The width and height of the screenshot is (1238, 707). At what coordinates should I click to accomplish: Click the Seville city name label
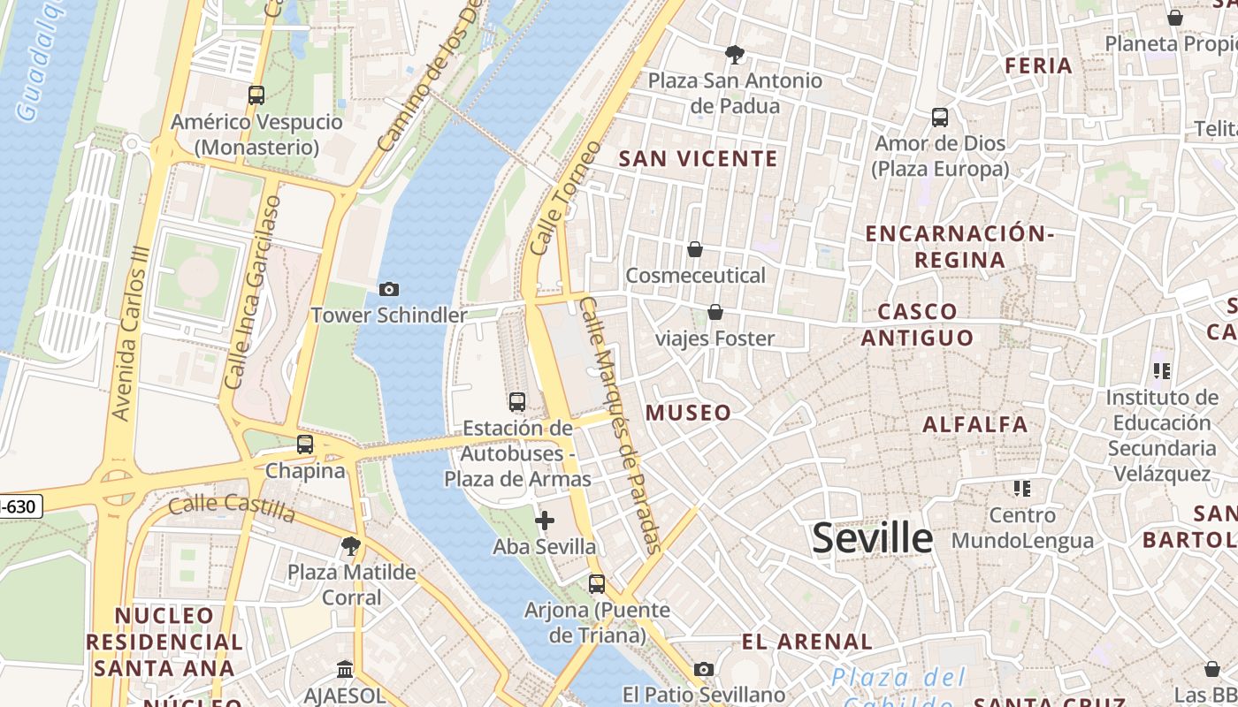point(872,537)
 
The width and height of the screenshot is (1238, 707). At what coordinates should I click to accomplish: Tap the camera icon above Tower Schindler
point(388,289)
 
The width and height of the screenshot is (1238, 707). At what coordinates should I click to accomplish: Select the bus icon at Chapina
point(305,445)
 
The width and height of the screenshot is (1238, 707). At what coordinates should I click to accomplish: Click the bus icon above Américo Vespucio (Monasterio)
point(256,95)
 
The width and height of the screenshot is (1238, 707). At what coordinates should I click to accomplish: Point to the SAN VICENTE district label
point(698,159)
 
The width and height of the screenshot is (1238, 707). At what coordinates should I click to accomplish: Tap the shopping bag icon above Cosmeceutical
point(695,249)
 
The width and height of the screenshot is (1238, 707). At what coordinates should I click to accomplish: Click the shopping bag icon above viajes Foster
point(715,312)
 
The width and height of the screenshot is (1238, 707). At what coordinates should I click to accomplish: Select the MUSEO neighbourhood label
point(688,413)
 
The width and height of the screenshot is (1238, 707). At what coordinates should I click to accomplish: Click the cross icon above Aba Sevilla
point(545,521)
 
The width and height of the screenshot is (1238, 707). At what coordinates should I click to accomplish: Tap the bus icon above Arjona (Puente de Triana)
point(597,583)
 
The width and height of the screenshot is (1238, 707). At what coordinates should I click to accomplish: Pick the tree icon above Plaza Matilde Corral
point(351,546)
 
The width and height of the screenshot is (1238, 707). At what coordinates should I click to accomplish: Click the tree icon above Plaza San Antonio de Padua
point(734,55)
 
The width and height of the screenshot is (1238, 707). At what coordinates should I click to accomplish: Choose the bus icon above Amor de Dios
point(940,117)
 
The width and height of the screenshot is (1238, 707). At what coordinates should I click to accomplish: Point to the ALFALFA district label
point(975,425)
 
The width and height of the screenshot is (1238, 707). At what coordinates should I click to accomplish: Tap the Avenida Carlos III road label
point(129,333)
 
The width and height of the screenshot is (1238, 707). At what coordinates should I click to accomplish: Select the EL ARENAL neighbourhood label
point(806,642)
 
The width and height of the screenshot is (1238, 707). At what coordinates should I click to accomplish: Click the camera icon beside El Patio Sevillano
point(704,669)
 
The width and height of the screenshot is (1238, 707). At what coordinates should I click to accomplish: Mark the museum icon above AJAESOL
point(345,670)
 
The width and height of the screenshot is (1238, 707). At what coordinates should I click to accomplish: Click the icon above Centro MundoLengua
point(1022,489)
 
